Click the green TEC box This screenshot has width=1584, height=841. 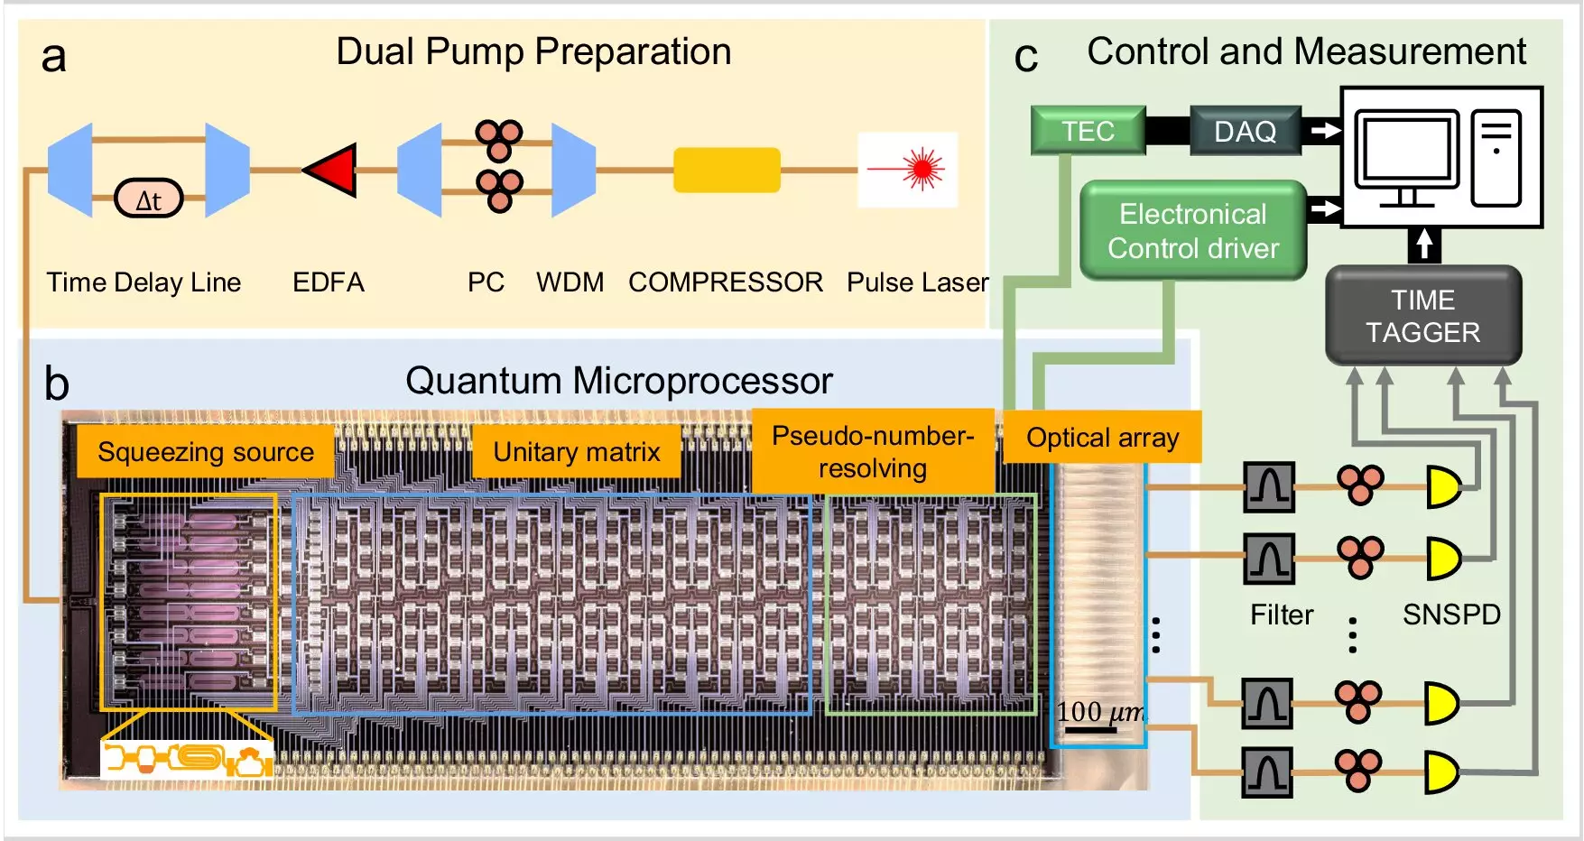pyautogui.click(x=1088, y=131)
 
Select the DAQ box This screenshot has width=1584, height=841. pyautogui.click(x=1245, y=132)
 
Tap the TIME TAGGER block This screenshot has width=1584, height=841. pyautogui.click(x=1422, y=316)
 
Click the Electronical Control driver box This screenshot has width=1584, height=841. pyautogui.click(x=1193, y=231)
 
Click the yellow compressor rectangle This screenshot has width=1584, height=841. pyautogui.click(x=727, y=170)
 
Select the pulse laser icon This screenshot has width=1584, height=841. pyautogui.click(x=908, y=170)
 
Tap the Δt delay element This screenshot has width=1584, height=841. pyautogui.click(x=149, y=199)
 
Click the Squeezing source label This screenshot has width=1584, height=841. pyautogui.click(x=206, y=451)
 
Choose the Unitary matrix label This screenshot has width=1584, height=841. pyautogui.click(x=577, y=451)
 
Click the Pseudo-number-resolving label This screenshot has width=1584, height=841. pyautogui.click(x=872, y=451)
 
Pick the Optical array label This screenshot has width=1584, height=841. pyautogui.click(x=1102, y=438)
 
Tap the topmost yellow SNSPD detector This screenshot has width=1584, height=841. pyautogui.click(x=1442, y=487)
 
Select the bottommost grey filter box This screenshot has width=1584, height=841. pyautogui.click(x=1267, y=773)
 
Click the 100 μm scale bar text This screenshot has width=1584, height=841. pyautogui.click(x=1099, y=712)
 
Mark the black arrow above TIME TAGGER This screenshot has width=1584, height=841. pyautogui.click(x=1423, y=244)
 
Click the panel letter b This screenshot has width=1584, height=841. pyautogui.click(x=56, y=384)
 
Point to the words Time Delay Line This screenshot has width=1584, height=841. pyautogui.click(x=144, y=282)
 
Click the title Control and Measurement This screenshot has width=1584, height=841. pyautogui.click(x=1306, y=51)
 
